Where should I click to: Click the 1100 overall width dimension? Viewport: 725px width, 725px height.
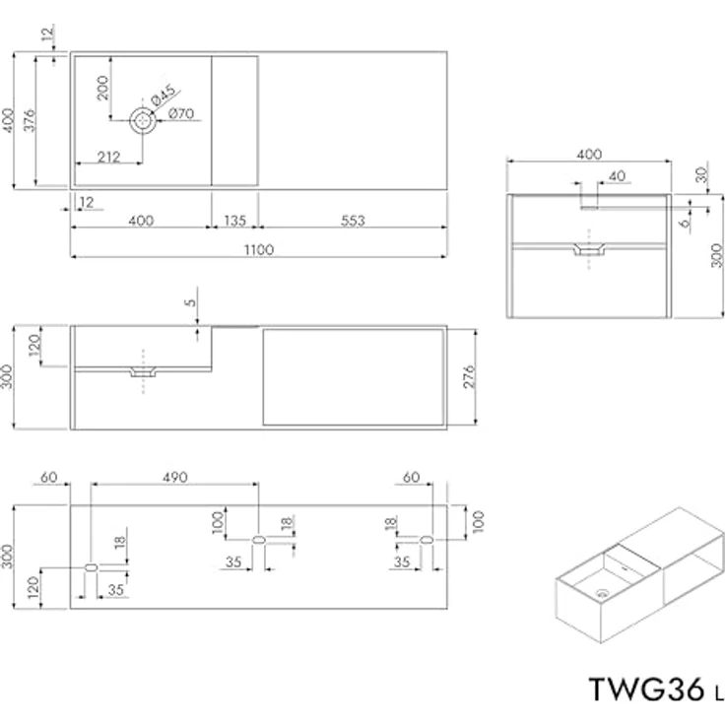(259, 249)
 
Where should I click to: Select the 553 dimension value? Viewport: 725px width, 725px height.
(352, 220)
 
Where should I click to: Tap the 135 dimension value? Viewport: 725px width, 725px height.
(236, 220)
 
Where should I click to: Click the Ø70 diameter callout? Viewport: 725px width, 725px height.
(180, 114)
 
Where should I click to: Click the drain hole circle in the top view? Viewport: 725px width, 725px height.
(144, 121)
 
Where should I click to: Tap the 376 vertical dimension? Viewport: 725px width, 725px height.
(30, 120)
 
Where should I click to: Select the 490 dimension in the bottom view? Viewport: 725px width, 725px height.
(174, 477)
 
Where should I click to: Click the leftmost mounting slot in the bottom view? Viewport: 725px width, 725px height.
(90, 567)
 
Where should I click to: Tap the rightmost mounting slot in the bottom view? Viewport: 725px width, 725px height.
(427, 540)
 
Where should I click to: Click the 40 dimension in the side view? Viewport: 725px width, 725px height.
(618, 176)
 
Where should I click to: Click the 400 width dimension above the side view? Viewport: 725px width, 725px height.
(588, 155)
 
